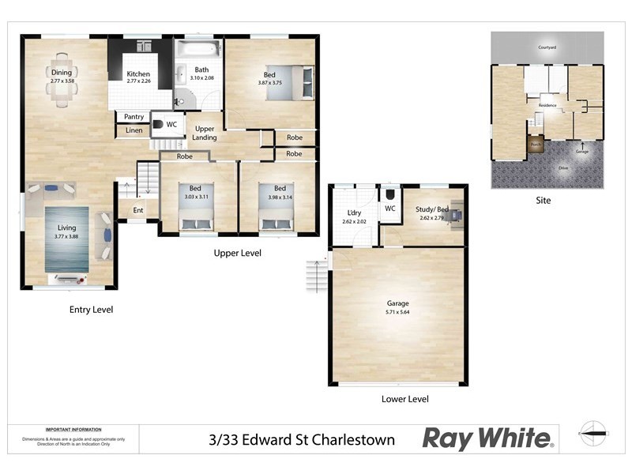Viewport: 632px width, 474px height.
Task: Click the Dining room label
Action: [61, 72]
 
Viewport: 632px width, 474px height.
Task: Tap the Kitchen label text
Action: [138, 74]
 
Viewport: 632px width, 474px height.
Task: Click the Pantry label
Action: [134, 117]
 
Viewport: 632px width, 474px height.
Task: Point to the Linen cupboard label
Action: [134, 130]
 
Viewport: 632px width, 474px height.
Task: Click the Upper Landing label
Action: [205, 133]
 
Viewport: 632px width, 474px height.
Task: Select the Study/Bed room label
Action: [432, 209]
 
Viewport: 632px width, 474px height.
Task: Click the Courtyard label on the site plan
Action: [547, 47]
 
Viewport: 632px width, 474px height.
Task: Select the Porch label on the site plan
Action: [536, 145]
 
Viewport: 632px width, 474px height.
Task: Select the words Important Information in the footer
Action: [73, 428]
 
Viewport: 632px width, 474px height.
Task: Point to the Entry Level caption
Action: [91, 310]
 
